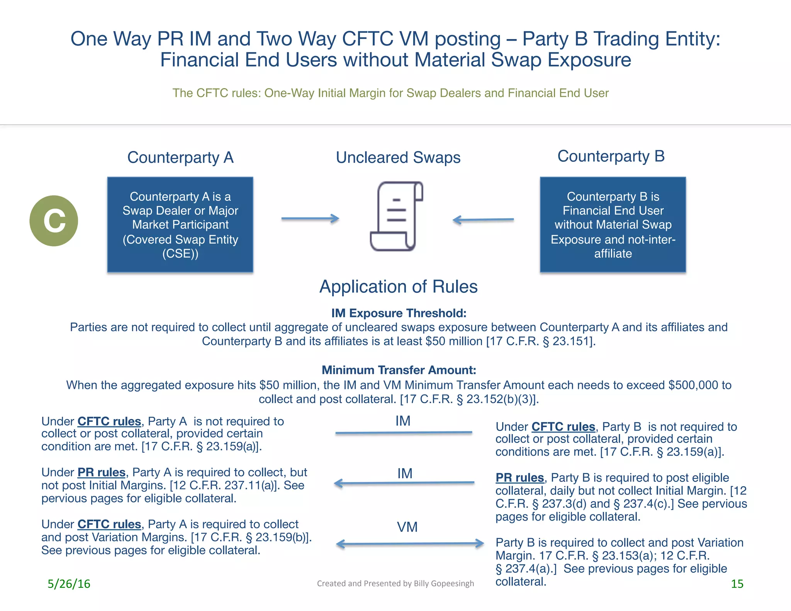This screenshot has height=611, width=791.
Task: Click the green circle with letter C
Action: (x=54, y=221)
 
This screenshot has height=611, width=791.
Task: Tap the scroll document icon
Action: (x=397, y=216)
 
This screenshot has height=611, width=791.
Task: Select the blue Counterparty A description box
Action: (x=180, y=224)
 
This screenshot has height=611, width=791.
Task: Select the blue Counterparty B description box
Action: (x=613, y=224)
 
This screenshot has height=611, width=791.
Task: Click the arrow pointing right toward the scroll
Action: (x=310, y=219)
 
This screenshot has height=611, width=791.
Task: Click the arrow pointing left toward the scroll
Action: (x=483, y=220)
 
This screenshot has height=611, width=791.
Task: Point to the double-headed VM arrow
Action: (x=410, y=544)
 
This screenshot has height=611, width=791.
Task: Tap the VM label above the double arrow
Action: (x=407, y=527)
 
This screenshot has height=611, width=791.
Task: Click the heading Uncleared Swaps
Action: (x=398, y=158)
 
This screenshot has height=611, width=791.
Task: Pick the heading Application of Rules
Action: (x=399, y=287)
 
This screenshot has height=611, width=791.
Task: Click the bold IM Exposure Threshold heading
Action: (x=399, y=313)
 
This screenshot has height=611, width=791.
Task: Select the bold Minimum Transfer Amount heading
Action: (x=399, y=370)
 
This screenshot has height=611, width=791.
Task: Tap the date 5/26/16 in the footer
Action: (x=69, y=584)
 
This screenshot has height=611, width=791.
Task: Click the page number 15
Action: (x=737, y=584)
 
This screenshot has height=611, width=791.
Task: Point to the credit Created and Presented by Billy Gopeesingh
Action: (x=395, y=583)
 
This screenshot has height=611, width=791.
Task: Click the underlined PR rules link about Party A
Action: (x=102, y=472)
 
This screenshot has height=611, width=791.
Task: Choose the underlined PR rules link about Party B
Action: (x=520, y=478)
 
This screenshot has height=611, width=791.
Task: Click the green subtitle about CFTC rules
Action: (x=390, y=93)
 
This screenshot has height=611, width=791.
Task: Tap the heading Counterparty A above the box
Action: (x=180, y=158)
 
